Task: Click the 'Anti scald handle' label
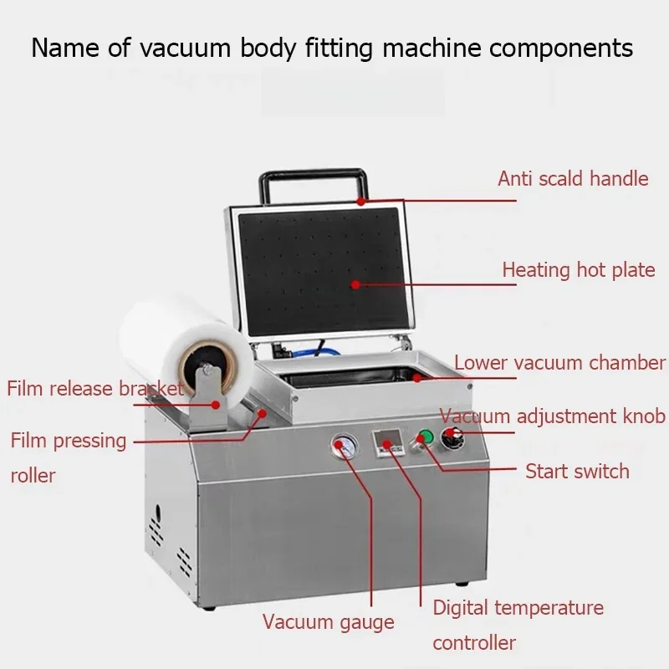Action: (x=573, y=178)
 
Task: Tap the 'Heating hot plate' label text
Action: (x=578, y=270)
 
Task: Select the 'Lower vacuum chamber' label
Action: (x=559, y=363)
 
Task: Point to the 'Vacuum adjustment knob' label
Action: (x=552, y=416)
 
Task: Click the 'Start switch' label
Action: (x=577, y=471)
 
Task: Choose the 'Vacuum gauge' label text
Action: (x=328, y=621)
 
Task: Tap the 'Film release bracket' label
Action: (x=94, y=388)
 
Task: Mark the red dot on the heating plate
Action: (x=355, y=284)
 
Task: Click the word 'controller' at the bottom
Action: (x=474, y=642)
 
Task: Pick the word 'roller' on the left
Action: (x=33, y=475)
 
